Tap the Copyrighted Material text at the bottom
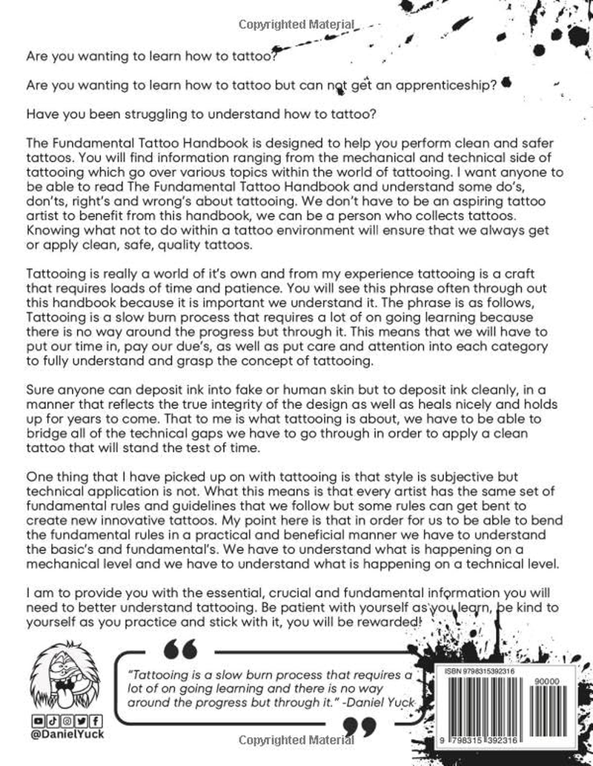(x=294, y=740)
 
